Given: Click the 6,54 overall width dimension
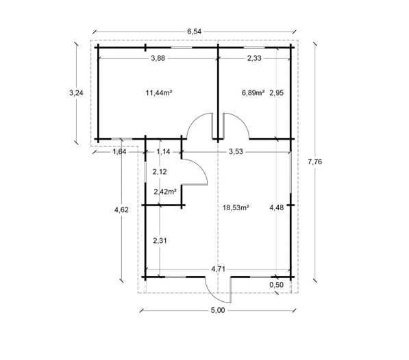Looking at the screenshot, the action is click(x=195, y=31).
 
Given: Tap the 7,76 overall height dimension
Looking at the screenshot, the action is click(x=315, y=162).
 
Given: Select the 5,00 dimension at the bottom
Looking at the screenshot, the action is click(x=218, y=311).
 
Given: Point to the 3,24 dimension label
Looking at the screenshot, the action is click(x=76, y=92).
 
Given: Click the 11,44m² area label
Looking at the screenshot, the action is click(x=158, y=92).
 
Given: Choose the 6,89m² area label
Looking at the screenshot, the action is click(x=253, y=92).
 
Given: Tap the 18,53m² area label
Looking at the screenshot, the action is click(x=236, y=207).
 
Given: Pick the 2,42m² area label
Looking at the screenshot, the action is click(x=165, y=192).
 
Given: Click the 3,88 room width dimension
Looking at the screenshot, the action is click(x=158, y=58).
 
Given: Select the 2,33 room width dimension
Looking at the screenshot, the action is click(x=254, y=58).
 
